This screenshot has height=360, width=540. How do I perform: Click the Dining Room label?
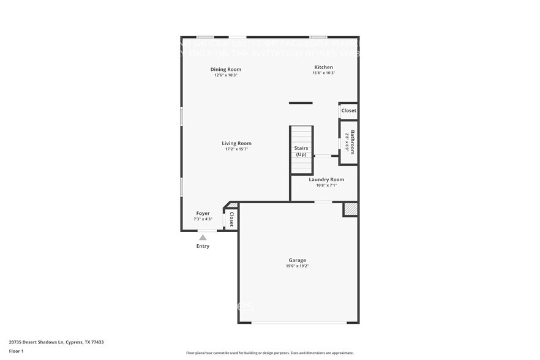point(225,69)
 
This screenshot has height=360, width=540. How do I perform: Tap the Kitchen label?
point(323,67)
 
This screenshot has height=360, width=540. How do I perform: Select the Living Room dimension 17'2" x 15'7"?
point(236,149)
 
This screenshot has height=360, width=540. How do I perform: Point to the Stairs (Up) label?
point(301,151)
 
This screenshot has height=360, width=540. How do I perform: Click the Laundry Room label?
point(326,179)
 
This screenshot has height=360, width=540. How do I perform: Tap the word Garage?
point(298,260)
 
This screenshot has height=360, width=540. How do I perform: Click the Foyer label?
point(203,213)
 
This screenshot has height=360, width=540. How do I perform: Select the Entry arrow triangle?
point(203,238)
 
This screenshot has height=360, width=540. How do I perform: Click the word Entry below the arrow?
point(203,246)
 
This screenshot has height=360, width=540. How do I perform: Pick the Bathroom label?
point(352,142)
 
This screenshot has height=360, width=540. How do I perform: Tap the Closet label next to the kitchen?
point(348,111)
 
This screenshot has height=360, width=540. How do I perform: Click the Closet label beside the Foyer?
point(231,219)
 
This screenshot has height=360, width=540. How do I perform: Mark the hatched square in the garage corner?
point(350,209)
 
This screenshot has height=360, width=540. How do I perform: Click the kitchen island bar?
point(301,103)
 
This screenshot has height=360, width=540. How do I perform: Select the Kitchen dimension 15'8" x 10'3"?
point(323,73)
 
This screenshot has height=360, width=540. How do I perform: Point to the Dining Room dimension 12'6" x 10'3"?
point(225,75)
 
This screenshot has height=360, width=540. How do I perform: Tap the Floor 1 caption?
point(16,351)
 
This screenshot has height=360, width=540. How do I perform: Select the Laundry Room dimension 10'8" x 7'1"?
point(326,186)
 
